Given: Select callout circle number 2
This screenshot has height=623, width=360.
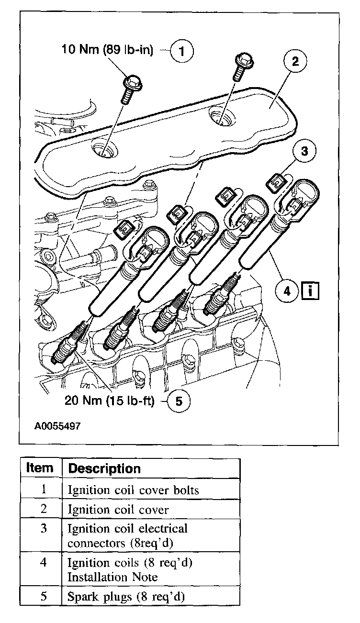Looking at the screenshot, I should click(295, 61).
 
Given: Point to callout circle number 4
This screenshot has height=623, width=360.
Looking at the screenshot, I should click(287, 290).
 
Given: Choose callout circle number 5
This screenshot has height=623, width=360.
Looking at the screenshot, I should click(179, 401).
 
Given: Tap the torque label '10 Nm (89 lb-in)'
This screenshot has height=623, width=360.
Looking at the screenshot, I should click(108, 50).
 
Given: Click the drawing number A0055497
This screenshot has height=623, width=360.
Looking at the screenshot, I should click(57, 425).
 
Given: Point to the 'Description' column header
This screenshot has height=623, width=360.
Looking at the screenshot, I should click(104, 468).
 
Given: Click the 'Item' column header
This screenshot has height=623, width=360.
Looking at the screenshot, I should click(40, 467).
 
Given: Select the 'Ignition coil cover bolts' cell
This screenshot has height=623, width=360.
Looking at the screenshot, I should click(133, 490).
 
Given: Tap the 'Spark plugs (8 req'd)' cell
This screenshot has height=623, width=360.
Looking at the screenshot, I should click(126, 597).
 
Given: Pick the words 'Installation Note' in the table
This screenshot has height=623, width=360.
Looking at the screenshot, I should click(112, 577).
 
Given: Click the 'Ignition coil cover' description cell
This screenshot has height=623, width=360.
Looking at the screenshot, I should click(118, 510).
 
